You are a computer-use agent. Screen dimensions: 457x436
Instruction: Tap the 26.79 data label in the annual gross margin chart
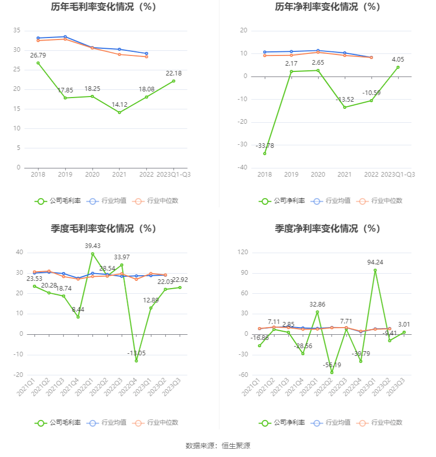click(x=38, y=55)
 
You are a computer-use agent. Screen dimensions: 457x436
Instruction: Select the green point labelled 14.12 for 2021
click(x=120, y=112)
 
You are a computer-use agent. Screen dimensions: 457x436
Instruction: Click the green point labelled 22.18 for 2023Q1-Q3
click(x=173, y=81)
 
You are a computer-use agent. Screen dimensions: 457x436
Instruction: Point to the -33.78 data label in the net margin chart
click(x=265, y=146)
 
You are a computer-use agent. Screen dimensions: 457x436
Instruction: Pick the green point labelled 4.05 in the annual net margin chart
click(x=398, y=67)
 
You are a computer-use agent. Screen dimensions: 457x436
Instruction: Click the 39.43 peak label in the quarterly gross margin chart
click(x=93, y=246)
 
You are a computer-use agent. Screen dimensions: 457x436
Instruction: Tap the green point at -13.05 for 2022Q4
click(x=136, y=361)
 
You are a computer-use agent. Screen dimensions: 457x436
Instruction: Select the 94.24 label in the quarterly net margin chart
click(x=375, y=262)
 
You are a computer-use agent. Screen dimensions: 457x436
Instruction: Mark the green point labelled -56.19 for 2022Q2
click(x=332, y=372)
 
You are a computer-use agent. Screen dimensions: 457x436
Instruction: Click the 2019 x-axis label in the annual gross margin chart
click(x=65, y=175)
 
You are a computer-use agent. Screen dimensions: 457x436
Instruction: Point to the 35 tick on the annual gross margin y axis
click(x=17, y=31)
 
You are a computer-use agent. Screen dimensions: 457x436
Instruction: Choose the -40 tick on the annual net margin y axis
click(x=242, y=167)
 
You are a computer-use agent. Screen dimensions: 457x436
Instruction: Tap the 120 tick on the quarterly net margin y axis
click(x=243, y=253)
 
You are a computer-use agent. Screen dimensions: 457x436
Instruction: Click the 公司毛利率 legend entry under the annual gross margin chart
click(x=58, y=201)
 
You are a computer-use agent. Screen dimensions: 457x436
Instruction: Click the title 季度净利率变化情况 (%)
click(x=327, y=228)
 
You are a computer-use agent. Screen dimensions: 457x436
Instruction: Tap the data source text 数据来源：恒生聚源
click(x=217, y=446)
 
